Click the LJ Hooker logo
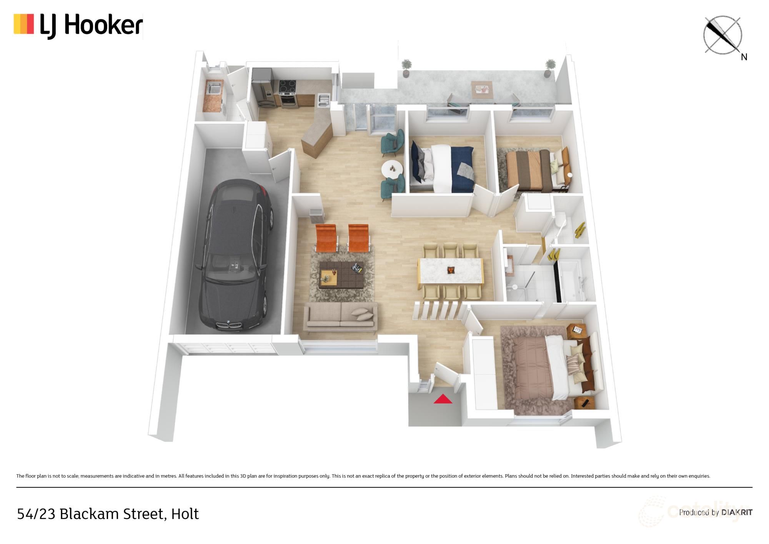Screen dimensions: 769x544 [x=78, y=26]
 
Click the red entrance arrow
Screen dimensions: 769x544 [x=443, y=399]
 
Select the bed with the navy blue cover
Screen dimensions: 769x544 [x=442, y=168]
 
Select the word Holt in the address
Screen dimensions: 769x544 [x=185, y=514]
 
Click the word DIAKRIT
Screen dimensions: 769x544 [x=737, y=512]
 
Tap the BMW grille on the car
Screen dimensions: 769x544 [x=229, y=326]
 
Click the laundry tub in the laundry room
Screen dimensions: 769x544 [x=213, y=89]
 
